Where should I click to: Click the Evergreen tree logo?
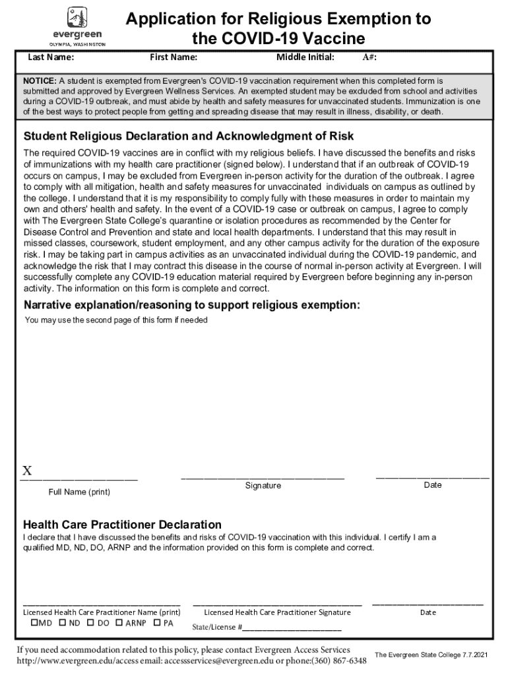pos(77,17)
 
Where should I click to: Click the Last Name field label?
pos(50,57)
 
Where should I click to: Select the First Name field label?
pos(174,57)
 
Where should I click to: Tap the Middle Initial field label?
pos(305,57)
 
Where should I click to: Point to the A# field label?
pos(370,57)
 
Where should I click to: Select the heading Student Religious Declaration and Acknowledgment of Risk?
pos(189,136)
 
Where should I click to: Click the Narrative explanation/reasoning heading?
pos(192,305)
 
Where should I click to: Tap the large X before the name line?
pos(28,471)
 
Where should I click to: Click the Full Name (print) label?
pos(79,492)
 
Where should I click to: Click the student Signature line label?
pos(263,486)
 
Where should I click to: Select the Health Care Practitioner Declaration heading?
pos(123,525)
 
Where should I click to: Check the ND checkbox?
pos(63,622)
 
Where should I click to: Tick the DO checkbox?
pos(90,622)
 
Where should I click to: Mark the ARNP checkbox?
pos(119,622)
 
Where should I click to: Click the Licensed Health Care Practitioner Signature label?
pos(277,612)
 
